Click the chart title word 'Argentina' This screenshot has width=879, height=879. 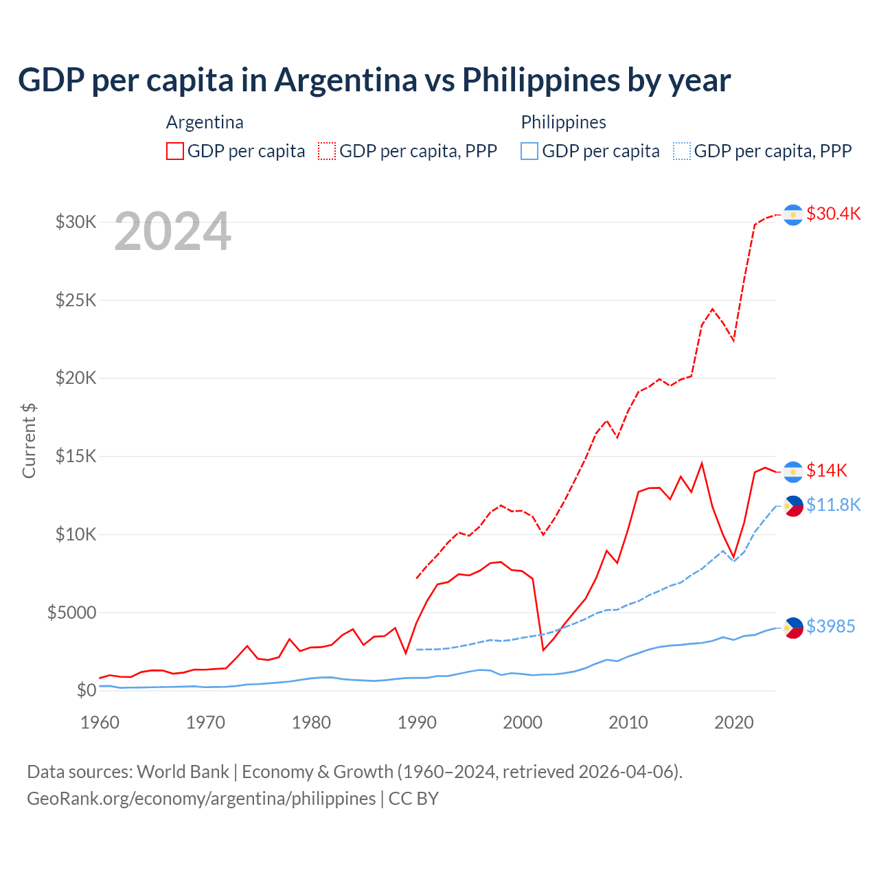pos(345,80)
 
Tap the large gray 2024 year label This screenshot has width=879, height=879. pos(172,232)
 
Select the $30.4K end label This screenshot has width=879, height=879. pos(833,214)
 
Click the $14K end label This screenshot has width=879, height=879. pos(826,470)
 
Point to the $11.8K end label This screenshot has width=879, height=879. pos(833,505)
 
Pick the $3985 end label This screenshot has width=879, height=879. pos(830,626)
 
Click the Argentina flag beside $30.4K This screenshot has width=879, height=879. pos(793,215)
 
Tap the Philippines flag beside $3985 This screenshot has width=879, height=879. pos(793,628)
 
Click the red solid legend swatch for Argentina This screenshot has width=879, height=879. pos(175,151)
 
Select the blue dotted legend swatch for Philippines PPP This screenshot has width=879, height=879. pos(682,151)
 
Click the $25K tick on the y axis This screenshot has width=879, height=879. pos(76,300)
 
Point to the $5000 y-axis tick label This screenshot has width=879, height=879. pos(72,613)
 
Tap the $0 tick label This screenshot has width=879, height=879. pos(86,690)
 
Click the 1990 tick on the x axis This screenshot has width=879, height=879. pos(417,722)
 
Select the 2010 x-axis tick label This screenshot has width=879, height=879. pos(628,722)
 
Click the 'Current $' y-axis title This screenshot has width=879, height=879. pos(29,441)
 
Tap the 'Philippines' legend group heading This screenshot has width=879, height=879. pos(563,122)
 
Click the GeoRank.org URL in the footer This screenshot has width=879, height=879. pos(201,799)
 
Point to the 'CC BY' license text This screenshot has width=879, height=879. pos(413,799)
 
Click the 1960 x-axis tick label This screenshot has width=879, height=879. pos(100,722)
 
